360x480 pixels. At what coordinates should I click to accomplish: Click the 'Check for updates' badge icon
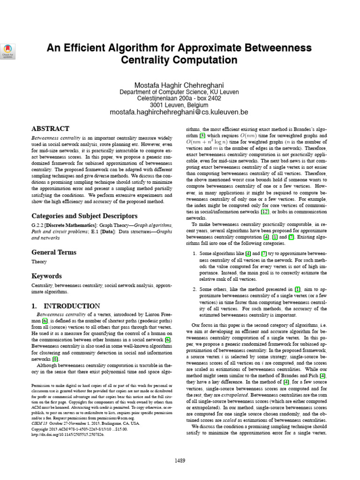pyautogui.click(x=9, y=50)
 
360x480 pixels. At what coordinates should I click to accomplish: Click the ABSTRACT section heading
pyautogui.click(x=50, y=128)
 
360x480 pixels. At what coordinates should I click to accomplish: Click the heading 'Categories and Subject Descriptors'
pyautogui.click(x=84, y=216)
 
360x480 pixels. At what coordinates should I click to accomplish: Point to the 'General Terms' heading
pyautogui.click(x=53, y=252)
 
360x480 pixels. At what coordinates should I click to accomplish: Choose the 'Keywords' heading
pyautogui.click(x=46, y=276)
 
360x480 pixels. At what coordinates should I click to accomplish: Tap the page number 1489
pyautogui.click(x=180, y=461)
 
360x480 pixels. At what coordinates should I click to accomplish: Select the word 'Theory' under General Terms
pyautogui.click(x=39, y=262)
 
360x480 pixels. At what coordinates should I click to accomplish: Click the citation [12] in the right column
pyautogui.click(x=265, y=212)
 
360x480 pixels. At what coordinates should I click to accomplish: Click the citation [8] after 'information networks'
pyautogui.click(x=55, y=359)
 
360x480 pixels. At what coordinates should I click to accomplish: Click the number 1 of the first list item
pyautogui.click(x=195, y=254)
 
